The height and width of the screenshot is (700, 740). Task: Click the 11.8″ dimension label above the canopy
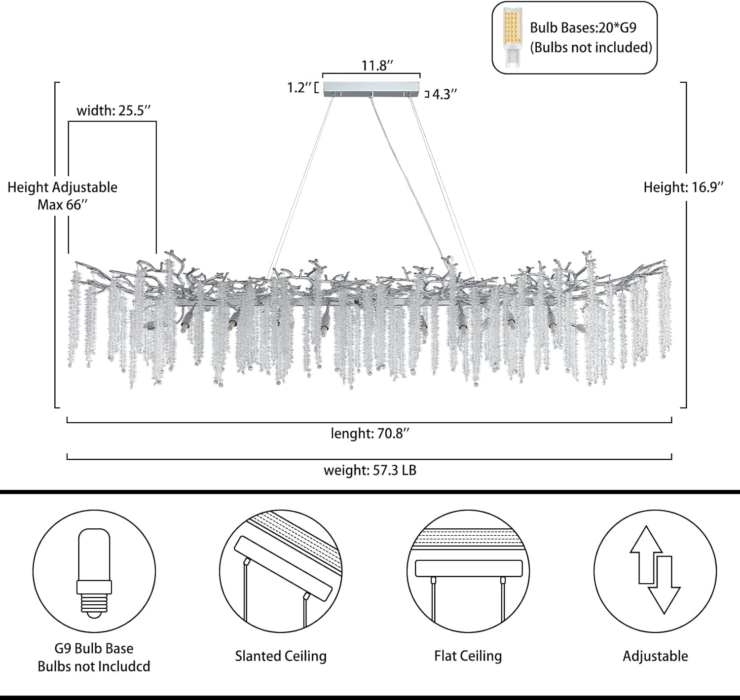[377, 66]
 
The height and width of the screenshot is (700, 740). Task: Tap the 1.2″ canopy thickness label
[299, 88]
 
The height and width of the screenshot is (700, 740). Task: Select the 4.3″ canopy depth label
[444, 94]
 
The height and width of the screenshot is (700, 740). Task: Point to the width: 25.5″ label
[113, 111]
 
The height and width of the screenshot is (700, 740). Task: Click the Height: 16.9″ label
[684, 187]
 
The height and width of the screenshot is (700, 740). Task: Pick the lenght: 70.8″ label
[370, 434]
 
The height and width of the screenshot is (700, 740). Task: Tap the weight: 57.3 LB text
[370, 470]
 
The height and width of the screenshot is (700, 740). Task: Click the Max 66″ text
[63, 205]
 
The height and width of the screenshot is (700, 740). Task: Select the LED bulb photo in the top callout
[513, 38]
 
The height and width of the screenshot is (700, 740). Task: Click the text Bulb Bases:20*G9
[583, 28]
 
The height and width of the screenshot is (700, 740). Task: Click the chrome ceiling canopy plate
[371, 89]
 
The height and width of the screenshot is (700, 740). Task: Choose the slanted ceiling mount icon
[281, 571]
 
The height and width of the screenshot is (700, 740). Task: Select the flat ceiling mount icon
[468, 571]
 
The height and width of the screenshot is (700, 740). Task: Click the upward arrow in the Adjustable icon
[646, 555]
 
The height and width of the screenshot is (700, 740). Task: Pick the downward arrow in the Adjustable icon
[664, 585]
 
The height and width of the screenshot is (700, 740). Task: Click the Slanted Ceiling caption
[281, 656]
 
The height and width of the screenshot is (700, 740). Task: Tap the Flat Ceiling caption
[468, 656]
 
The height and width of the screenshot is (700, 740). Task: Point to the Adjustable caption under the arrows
[655, 656]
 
